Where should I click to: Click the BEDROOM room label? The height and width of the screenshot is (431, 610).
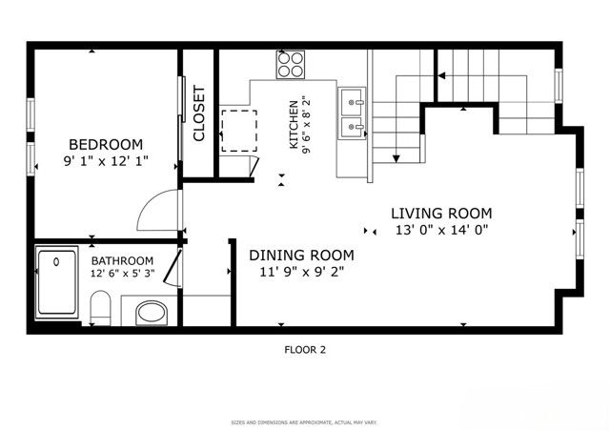106,144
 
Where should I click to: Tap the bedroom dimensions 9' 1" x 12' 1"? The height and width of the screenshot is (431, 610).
106,161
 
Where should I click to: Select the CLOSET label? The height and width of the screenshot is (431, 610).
199,114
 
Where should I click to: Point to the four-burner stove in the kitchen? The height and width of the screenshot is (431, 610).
291,64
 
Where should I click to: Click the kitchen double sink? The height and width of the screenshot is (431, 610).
353,112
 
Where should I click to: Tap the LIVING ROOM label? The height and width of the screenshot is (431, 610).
441,213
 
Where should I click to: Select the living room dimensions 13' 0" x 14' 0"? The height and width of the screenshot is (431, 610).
441,231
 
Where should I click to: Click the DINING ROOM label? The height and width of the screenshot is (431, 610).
301,255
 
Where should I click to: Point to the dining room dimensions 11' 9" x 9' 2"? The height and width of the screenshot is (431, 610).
301,272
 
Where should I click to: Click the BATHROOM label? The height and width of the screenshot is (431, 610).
122,260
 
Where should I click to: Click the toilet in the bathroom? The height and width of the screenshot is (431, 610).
101,307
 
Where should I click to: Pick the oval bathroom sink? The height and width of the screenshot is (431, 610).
151,312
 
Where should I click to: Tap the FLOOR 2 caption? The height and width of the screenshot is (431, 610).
305,350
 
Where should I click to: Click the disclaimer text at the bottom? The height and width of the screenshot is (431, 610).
305,421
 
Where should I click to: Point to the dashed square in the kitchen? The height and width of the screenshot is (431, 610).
239,130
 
